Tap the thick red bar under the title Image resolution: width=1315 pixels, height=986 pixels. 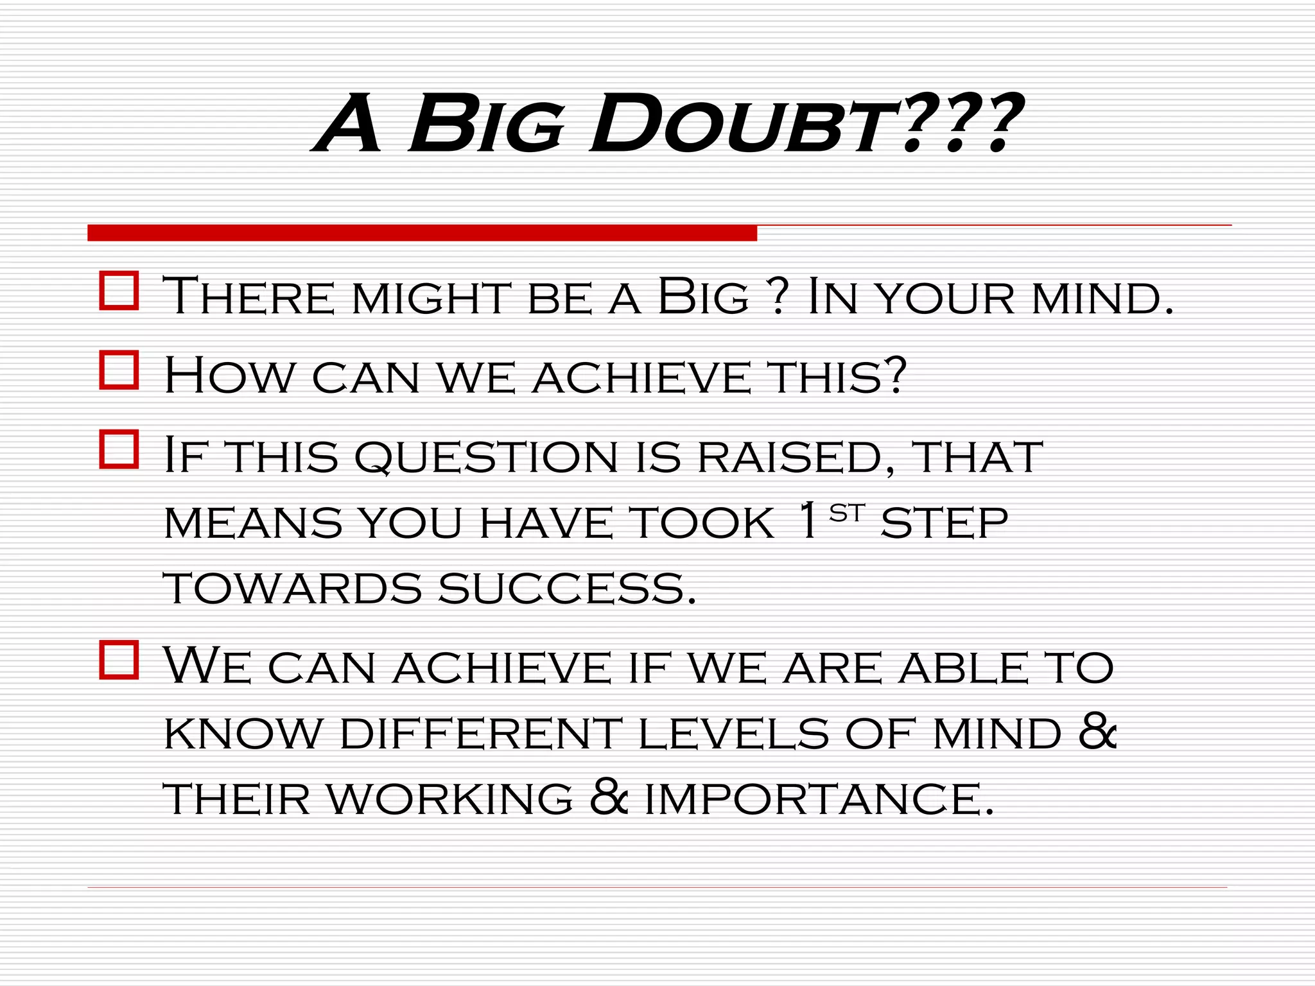422,233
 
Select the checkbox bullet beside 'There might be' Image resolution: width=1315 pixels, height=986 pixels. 119,291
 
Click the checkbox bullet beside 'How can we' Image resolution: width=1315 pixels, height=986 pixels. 119,370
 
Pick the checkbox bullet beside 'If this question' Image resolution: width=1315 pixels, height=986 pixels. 119,449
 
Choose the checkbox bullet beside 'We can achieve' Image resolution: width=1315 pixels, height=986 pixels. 119,660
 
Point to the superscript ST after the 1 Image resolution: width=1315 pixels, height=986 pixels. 847,513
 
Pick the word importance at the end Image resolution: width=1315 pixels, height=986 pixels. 819,800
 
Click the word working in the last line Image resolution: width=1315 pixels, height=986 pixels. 449,800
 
